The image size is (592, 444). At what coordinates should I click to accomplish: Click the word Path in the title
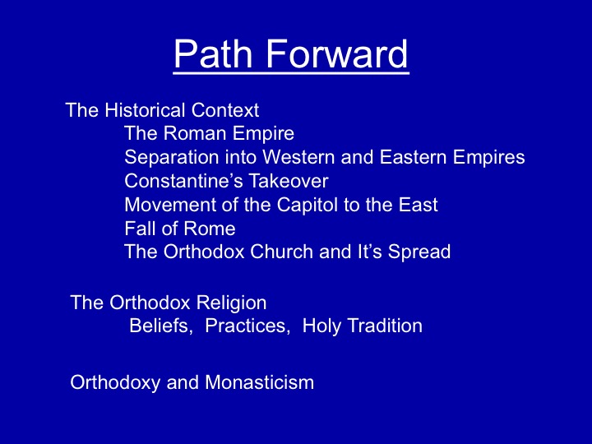pos(213,53)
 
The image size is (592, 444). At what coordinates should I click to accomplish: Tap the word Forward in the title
pos(337,53)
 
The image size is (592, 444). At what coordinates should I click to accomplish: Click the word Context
pos(225,110)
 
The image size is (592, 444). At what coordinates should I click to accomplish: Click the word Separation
pos(171,157)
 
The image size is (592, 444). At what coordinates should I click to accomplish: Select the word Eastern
pos(413,157)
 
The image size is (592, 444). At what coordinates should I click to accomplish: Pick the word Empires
pos(489,158)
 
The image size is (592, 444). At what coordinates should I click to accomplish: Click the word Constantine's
pos(184,181)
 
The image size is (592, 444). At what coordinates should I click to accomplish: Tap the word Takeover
pos(289,181)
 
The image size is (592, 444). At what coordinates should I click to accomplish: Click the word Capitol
pos(308,206)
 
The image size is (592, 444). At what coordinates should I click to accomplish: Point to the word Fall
pos(137,229)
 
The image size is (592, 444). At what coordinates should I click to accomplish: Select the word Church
pos(282,252)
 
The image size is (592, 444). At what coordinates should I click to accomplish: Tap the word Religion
pos(231,303)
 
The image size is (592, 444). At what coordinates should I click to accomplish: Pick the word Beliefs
pos(161,326)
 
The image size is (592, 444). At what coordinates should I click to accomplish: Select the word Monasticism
pos(260,382)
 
